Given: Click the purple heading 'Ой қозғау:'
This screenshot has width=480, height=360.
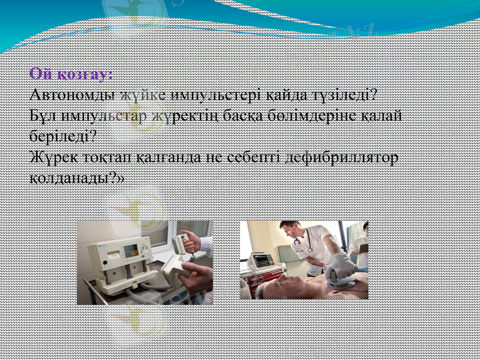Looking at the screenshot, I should point(71,75).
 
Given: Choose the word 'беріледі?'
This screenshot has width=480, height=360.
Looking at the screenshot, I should point(62,136).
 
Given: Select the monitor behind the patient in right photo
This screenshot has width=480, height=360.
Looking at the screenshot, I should point(263,261).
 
